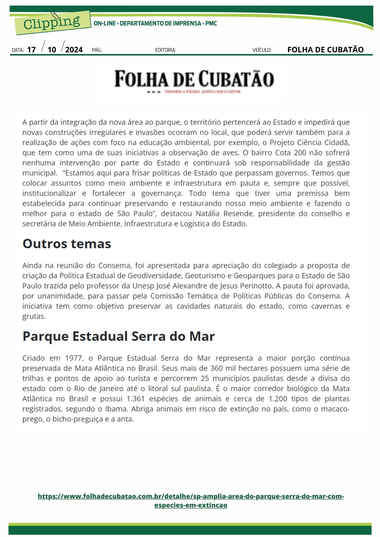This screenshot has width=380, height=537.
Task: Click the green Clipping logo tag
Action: click(52, 23)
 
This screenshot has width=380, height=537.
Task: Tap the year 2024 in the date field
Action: click(74, 50)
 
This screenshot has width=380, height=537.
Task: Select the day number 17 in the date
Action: click(31, 50)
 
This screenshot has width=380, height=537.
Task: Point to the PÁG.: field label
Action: click(97, 50)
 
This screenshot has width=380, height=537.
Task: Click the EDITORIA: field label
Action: click(166, 50)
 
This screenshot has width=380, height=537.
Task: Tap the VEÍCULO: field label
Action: click(262, 50)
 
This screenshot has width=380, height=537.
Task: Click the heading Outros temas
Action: click(67, 244)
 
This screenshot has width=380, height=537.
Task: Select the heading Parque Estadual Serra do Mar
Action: click(119, 336)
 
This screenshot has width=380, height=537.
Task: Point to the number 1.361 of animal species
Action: click(135, 399)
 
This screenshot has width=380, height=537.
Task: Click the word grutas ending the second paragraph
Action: click(34, 317)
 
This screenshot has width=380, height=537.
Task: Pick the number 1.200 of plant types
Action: click(278, 399)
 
